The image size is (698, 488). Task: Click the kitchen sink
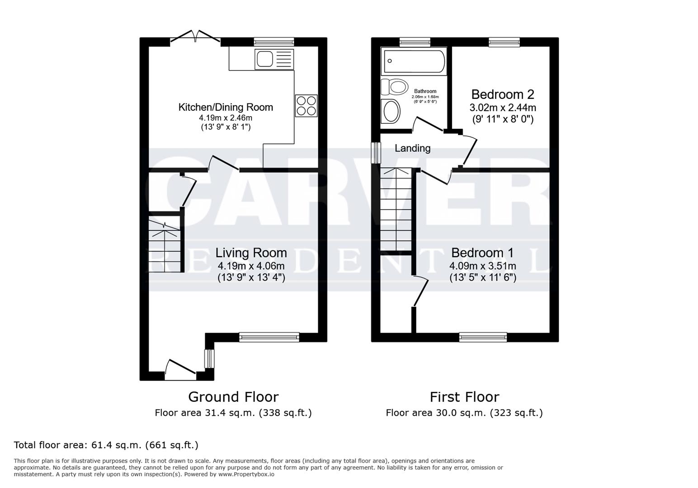point(274,59)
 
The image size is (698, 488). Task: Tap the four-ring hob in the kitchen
point(306,106)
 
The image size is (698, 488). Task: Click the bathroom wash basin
point(391,111)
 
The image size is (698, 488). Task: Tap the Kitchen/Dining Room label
point(226,107)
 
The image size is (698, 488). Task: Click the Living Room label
point(251,253)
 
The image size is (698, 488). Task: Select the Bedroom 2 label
point(502,94)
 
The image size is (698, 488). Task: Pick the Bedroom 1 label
point(482,253)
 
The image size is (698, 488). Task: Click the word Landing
point(412,148)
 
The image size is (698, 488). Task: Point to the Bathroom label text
point(425,91)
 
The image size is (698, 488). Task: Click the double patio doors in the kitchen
point(196,37)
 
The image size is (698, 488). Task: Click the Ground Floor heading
point(233,397)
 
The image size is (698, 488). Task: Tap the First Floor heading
point(464,397)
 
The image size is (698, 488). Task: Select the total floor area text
point(106,445)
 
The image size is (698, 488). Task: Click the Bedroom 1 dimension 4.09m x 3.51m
point(482,266)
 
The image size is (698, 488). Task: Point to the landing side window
point(375,153)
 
